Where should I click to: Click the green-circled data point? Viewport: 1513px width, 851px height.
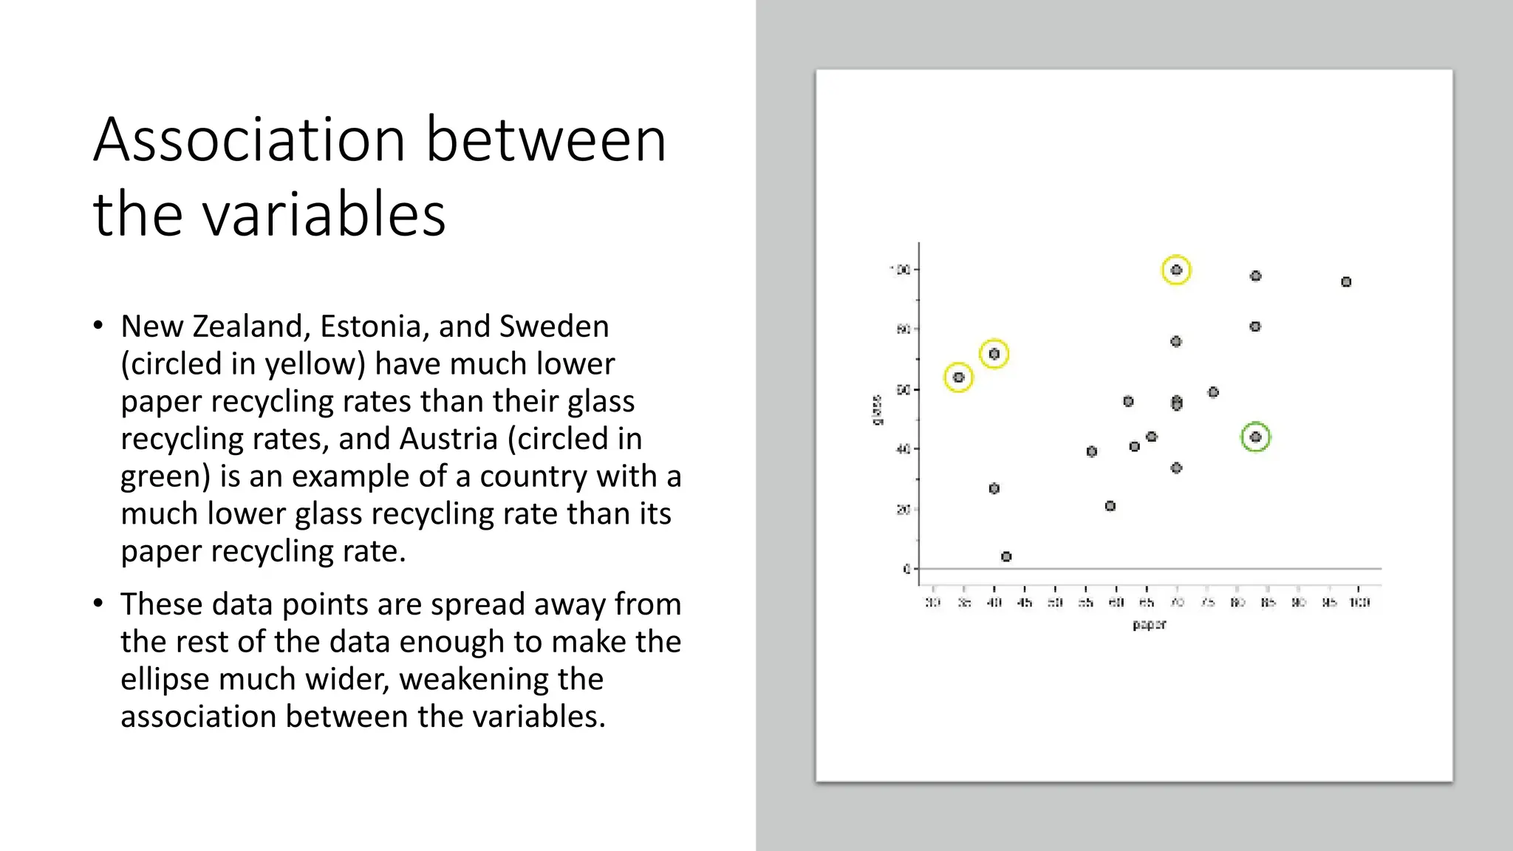point(1255,437)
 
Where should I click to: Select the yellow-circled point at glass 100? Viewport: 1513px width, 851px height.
point(1176,270)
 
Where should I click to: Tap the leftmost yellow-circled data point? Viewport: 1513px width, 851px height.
point(958,377)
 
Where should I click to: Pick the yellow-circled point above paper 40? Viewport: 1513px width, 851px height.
point(994,354)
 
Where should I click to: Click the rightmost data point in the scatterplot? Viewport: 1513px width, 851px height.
point(1346,282)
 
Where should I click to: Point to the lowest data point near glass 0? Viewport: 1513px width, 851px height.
point(1006,556)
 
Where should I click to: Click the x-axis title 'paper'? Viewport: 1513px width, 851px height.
point(1149,625)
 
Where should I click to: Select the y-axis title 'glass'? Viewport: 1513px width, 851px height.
point(877,410)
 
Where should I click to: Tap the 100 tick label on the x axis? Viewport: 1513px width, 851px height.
point(1359,603)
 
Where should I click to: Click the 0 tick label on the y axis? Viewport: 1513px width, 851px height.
point(906,569)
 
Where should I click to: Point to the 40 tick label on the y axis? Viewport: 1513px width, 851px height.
point(903,449)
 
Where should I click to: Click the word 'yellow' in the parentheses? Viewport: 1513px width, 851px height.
point(315,364)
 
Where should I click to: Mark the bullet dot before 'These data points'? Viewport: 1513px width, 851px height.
point(98,604)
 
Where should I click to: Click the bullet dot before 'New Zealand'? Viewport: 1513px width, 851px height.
point(98,326)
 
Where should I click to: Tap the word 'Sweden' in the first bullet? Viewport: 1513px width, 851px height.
point(554,327)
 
